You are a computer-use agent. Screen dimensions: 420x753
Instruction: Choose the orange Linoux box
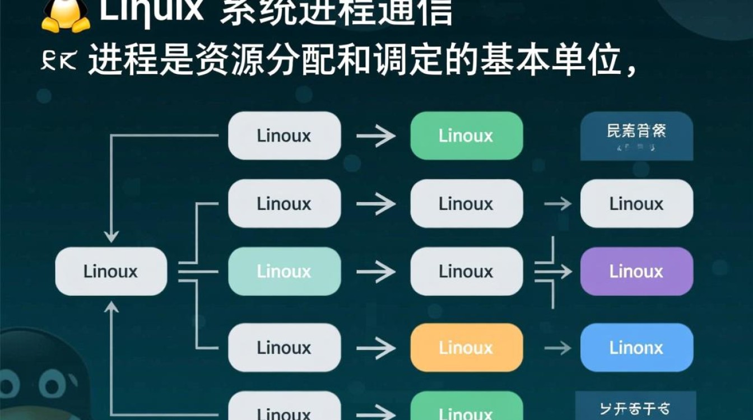466,348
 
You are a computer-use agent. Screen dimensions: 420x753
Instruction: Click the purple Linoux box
636,272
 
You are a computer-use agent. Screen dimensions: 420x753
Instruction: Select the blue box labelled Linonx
636,348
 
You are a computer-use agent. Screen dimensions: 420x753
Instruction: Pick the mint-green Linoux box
284,272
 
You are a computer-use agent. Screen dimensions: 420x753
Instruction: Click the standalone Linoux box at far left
111,272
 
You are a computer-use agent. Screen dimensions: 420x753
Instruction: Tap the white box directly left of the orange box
284,348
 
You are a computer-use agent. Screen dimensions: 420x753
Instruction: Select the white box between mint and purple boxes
466,272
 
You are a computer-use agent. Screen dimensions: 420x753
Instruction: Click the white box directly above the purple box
636,204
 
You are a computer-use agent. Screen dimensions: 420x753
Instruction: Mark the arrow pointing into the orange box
376,348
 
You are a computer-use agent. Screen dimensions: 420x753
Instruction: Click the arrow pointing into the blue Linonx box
557,348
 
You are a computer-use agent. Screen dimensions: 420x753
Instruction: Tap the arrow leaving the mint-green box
376,272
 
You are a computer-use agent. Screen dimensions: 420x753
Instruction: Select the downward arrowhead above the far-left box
111,235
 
